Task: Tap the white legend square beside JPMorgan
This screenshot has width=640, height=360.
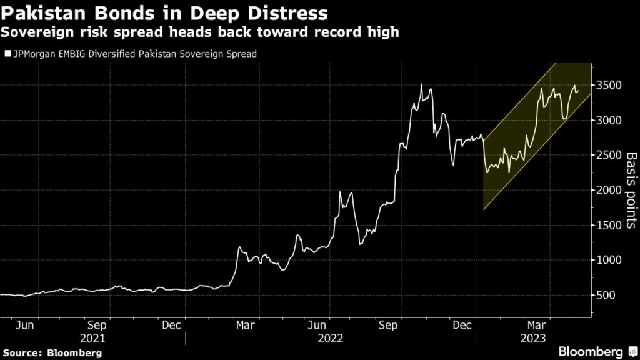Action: (x=7, y=54)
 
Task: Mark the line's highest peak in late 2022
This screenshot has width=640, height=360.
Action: (x=422, y=84)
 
